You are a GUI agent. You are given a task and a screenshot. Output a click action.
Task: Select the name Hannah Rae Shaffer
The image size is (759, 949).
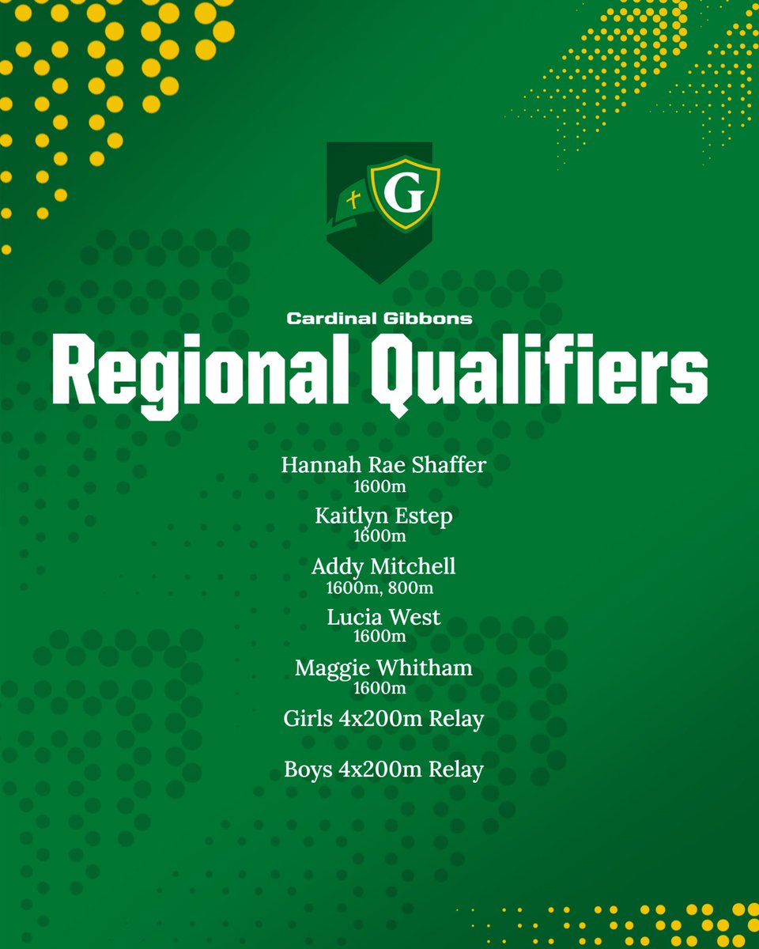coord(383,465)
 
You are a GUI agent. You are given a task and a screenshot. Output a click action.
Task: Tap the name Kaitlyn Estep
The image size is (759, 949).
coord(383,516)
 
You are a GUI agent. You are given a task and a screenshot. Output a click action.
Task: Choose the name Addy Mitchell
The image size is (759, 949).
coord(383,567)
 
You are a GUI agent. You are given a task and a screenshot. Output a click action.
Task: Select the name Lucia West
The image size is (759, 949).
coord(383,618)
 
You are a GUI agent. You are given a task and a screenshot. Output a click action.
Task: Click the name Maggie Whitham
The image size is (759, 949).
coord(383,668)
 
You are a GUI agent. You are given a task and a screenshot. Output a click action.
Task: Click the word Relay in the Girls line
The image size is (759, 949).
coord(457,720)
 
